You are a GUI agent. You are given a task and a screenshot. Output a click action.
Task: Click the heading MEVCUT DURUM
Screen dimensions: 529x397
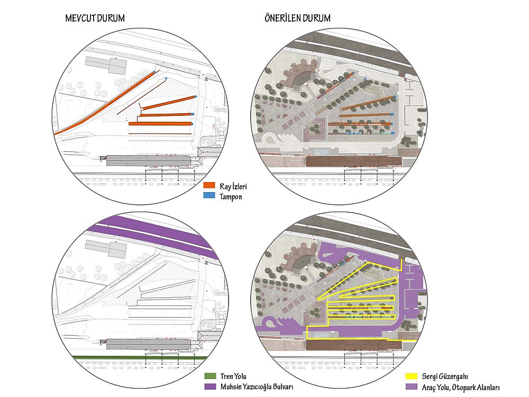click(x=95, y=18)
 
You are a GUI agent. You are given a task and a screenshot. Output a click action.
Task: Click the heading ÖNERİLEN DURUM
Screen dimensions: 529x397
click(x=297, y=18)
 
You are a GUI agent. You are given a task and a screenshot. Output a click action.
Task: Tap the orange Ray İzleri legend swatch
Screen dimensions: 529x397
click(x=209, y=185)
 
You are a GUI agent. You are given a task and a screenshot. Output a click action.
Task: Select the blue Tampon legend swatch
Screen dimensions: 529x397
click(x=209, y=195)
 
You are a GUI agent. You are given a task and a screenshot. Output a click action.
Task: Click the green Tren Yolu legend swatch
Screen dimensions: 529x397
click(x=210, y=376)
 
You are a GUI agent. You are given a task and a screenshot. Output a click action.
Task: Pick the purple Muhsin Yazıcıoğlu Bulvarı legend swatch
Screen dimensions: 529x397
click(x=210, y=386)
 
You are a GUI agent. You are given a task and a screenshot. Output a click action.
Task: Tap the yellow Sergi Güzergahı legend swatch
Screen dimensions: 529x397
click(x=411, y=376)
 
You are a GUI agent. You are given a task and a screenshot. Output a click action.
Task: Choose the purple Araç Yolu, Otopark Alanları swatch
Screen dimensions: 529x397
click(x=411, y=386)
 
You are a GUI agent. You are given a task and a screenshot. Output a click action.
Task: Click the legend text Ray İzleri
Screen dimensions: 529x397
click(x=233, y=186)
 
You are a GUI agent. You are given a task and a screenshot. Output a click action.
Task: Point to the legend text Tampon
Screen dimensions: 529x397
click(x=231, y=197)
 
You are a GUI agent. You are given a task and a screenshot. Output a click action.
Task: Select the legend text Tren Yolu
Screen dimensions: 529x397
click(x=233, y=376)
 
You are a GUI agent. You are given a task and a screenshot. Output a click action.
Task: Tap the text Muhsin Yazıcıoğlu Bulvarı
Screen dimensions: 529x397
click(x=257, y=387)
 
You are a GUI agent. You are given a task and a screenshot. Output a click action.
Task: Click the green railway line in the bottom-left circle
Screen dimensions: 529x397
click(x=140, y=358)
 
